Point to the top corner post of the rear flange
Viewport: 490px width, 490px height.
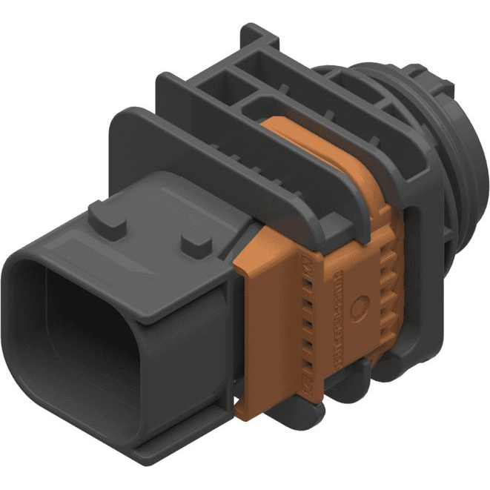tap(256, 33)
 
